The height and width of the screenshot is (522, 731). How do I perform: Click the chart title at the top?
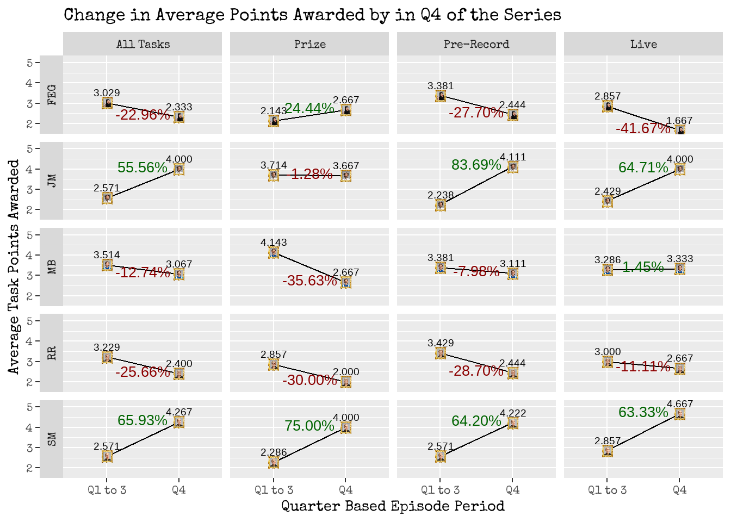pyautogui.click(x=312, y=15)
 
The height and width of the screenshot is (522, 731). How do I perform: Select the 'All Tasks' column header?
pyautogui.click(x=143, y=44)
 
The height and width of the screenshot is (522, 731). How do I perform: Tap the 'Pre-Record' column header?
pyautogui.click(x=476, y=44)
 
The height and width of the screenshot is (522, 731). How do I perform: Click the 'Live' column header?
pyautogui.click(x=643, y=44)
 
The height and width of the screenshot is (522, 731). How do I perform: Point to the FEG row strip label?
pyautogui.click(x=52, y=95)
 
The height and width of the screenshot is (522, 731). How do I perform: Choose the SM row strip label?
pyautogui.click(x=52, y=439)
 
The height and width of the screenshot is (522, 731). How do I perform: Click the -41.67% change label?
pyautogui.click(x=643, y=128)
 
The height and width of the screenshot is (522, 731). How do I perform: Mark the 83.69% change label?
pyautogui.click(x=476, y=165)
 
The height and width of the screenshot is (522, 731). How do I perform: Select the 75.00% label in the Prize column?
pyautogui.click(x=309, y=426)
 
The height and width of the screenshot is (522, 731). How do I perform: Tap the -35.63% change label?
pyautogui.click(x=309, y=281)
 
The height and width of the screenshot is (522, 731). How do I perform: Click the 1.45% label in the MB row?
pyautogui.click(x=643, y=267)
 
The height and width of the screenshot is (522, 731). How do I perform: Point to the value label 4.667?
pyautogui.click(x=680, y=404)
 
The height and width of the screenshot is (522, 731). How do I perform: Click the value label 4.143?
pyautogui.click(x=274, y=243)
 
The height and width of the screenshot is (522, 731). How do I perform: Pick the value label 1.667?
pyautogui.click(x=680, y=121)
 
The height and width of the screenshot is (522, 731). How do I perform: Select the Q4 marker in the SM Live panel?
pyautogui.click(x=680, y=414)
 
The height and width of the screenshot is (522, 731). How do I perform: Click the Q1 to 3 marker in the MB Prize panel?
pyautogui.click(x=274, y=252)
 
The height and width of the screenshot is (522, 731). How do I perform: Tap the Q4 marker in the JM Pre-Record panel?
pyautogui.click(x=513, y=167)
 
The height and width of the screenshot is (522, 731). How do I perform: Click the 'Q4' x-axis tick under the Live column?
pyautogui.click(x=680, y=490)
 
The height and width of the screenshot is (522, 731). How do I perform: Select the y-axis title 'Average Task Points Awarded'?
pyautogui.click(x=14, y=266)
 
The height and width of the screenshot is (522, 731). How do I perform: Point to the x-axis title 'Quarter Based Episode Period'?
pyautogui.click(x=393, y=506)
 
